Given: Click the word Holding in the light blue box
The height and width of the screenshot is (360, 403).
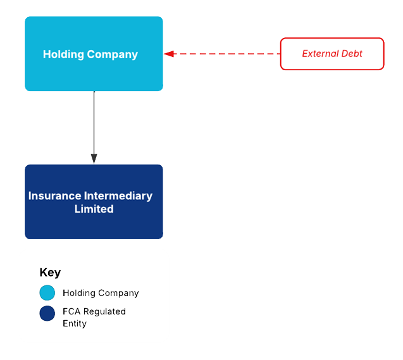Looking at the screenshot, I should (x=63, y=54).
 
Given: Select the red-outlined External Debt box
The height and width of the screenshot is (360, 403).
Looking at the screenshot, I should (x=332, y=54).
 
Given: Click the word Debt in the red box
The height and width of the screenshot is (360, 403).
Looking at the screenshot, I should (x=352, y=54).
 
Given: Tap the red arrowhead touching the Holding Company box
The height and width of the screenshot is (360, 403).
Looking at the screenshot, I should (x=168, y=54).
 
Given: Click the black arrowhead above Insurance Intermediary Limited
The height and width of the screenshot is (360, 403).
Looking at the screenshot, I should (x=94, y=158).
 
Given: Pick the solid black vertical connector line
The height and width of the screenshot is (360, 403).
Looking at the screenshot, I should (x=94, y=123).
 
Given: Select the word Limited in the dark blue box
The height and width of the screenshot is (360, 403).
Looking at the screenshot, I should (x=94, y=209).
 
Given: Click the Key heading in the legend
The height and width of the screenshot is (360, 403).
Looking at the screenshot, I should (x=50, y=273).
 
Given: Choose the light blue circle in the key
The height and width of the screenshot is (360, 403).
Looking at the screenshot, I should (x=47, y=293).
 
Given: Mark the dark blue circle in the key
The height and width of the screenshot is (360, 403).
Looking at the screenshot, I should (x=47, y=313).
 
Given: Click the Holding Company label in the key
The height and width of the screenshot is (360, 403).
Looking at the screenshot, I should (x=101, y=293).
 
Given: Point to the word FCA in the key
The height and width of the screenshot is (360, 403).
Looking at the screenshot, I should (x=71, y=311).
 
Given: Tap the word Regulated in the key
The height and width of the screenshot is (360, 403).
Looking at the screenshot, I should (x=104, y=311).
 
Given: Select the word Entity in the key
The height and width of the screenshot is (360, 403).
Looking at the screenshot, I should (x=75, y=323).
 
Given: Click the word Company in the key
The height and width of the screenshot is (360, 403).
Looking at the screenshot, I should (x=119, y=293).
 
